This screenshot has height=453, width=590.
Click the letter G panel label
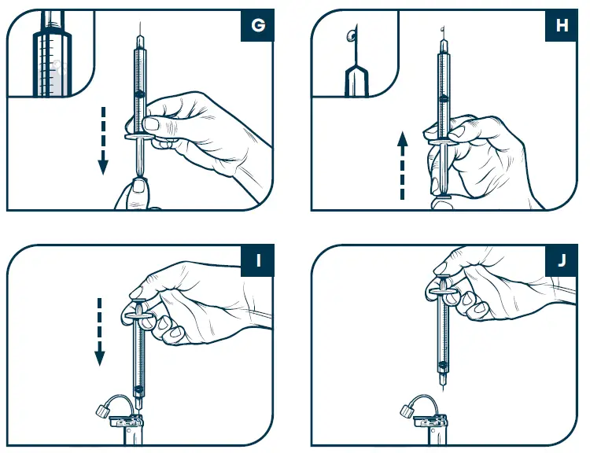tap(257, 25)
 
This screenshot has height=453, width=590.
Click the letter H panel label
tap(562, 25)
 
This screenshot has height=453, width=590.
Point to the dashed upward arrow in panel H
tap(402, 167)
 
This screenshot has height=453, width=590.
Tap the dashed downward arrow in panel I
tap(99, 330)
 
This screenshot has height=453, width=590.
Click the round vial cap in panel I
tap(103, 411)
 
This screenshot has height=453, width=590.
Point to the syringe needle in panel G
tap(139, 33)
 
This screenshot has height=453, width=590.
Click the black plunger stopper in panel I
tap(139, 391)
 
